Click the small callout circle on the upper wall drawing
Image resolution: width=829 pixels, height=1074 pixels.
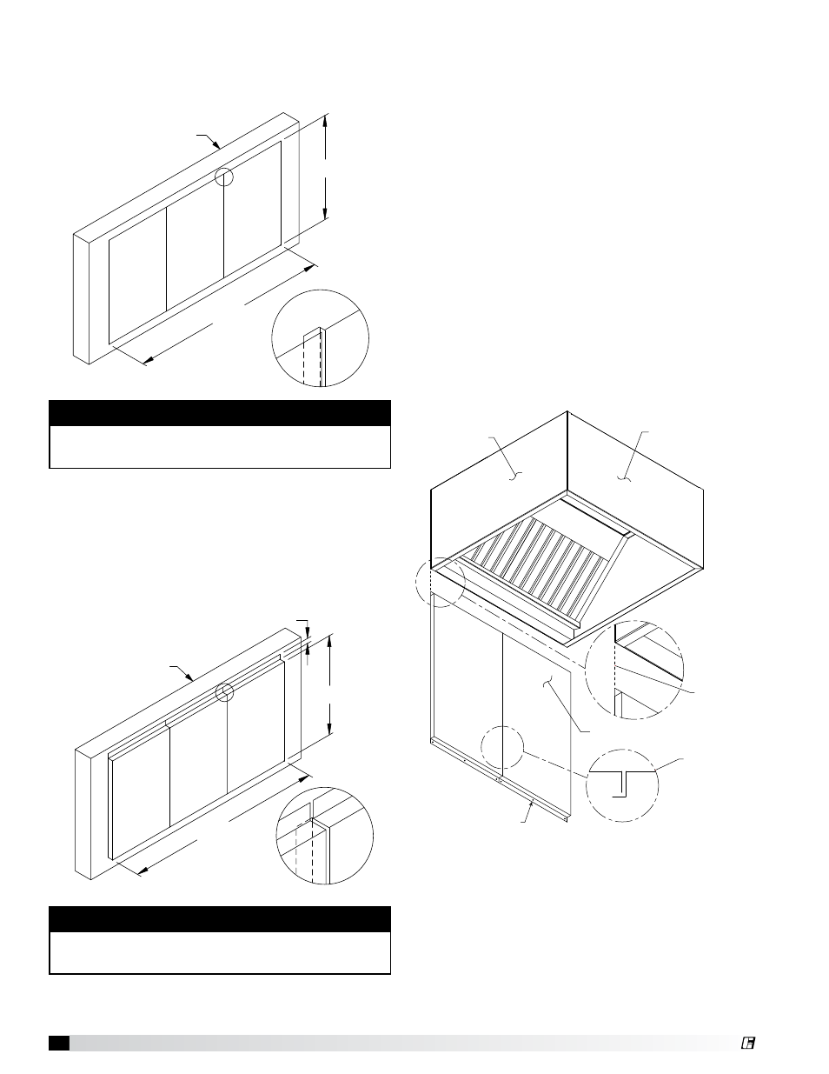pyautogui.click(x=225, y=177)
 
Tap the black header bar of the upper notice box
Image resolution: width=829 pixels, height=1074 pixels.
pyautogui.click(x=219, y=412)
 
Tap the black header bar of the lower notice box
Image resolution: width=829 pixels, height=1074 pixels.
pyautogui.click(x=219, y=918)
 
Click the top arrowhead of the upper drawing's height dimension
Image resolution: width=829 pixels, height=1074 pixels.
pyautogui.click(x=325, y=122)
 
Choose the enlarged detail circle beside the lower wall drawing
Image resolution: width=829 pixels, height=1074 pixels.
pyautogui.click(x=324, y=836)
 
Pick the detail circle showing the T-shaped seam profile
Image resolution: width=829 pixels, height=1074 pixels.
pyautogui.click(x=622, y=785)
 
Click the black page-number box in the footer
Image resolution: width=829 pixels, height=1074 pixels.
pyautogui.click(x=59, y=1043)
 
